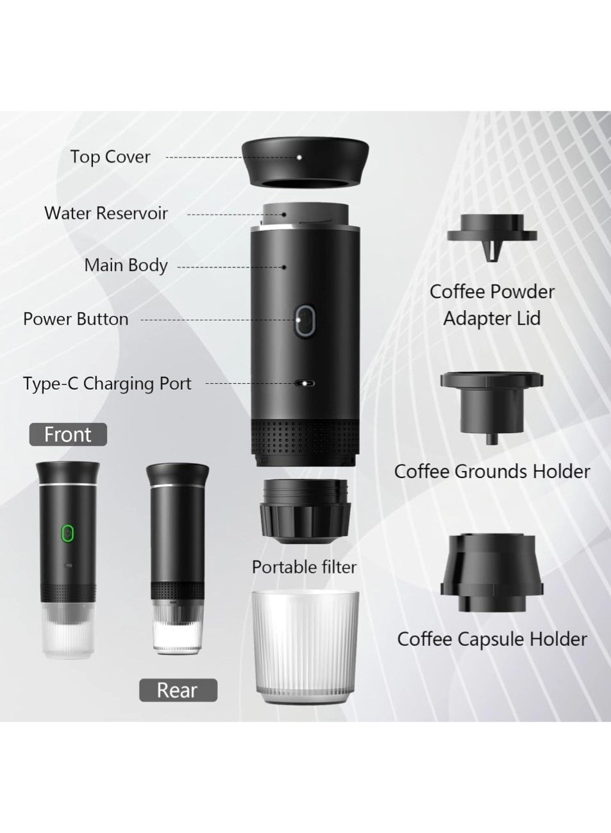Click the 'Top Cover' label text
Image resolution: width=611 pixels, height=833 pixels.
pos(110,157)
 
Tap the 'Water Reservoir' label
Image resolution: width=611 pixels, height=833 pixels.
pos(106,213)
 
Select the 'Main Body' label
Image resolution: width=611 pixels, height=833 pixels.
pos(126,265)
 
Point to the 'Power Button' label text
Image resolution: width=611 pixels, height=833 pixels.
pos(76,319)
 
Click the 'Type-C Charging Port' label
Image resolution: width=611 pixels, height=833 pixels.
pos(107,384)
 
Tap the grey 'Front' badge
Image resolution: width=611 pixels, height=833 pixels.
pos(68,434)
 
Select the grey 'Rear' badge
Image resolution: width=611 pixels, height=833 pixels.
pos(178,690)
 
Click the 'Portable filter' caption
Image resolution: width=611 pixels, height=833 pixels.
pos(304,567)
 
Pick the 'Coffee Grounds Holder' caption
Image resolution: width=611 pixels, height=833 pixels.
pos(492,472)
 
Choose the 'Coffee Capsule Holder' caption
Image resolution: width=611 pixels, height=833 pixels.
pos(492,639)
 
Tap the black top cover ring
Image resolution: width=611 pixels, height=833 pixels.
pos(305,166)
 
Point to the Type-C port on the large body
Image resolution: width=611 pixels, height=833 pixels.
pos(304,384)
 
